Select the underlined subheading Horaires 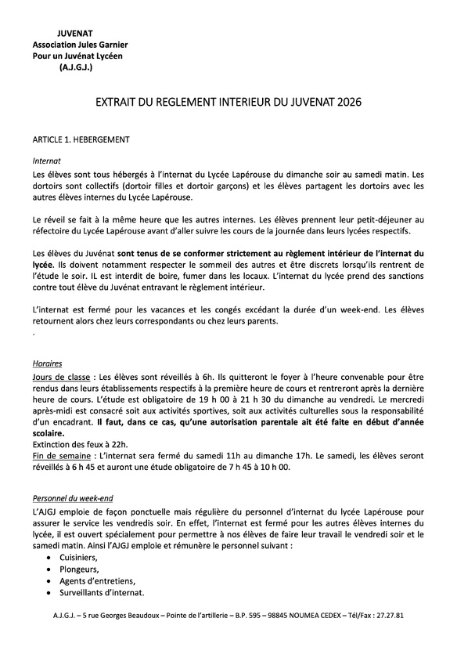[48, 364]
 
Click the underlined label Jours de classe [61, 376]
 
